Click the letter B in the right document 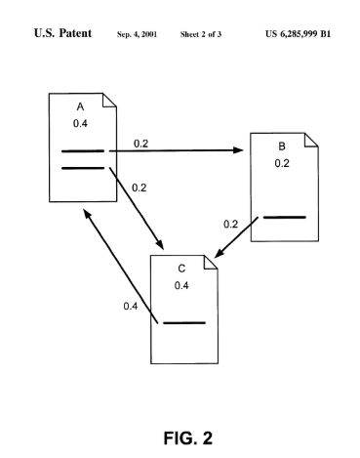click(x=281, y=147)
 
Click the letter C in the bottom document click(x=181, y=268)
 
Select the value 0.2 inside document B click(x=281, y=163)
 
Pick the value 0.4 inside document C click(x=181, y=285)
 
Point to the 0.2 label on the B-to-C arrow click(x=230, y=224)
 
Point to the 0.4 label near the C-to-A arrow click(x=130, y=307)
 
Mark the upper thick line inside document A click(x=82, y=151)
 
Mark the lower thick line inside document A click(x=82, y=168)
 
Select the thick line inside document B click(x=284, y=217)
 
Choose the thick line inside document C click(x=183, y=322)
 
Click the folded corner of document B click(x=311, y=140)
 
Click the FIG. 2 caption click(x=181, y=430)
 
